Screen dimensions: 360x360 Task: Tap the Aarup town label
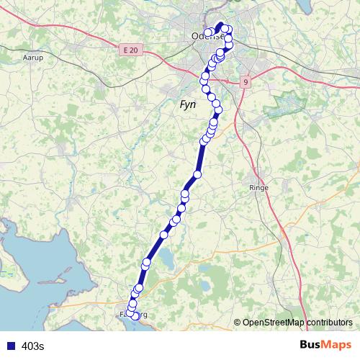point(34,56)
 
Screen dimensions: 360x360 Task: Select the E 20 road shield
point(130,50)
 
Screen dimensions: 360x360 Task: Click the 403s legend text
point(33,346)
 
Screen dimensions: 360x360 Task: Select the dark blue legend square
point(10,346)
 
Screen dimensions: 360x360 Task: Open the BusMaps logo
point(325,346)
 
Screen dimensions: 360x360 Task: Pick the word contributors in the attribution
point(329,323)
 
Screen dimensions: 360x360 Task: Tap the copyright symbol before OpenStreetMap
point(237,323)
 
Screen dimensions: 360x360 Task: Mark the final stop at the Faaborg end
point(135,316)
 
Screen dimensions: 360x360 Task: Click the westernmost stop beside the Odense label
point(208,32)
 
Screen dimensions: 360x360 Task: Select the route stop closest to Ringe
point(197,174)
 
